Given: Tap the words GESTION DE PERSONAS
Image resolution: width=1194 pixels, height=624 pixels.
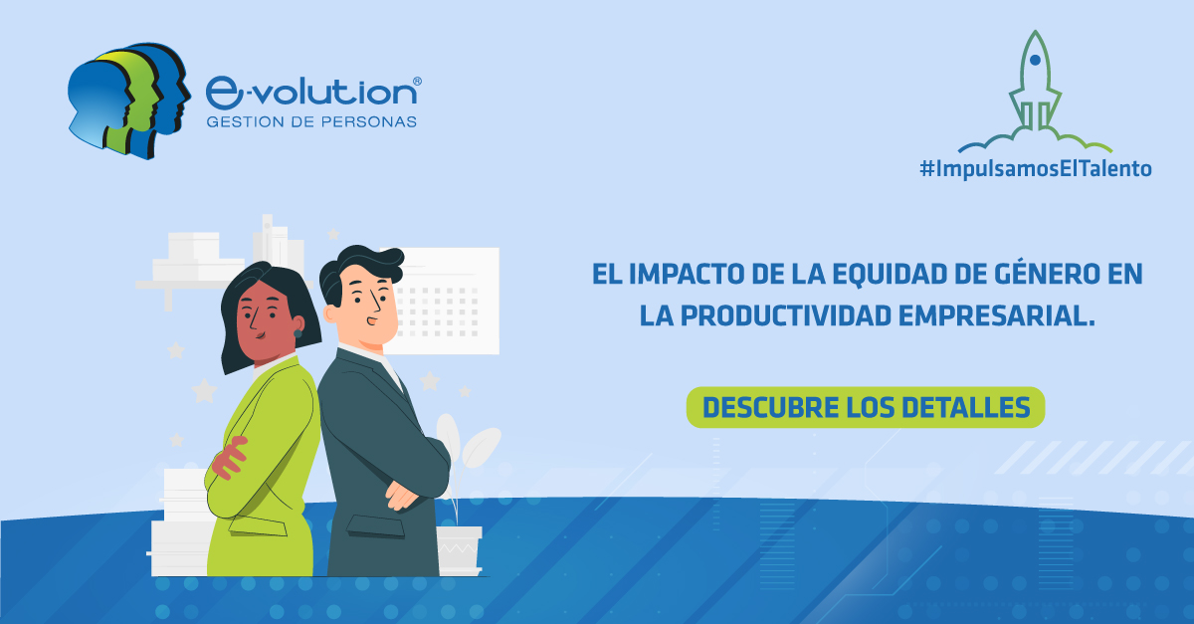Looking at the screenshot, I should (310, 122).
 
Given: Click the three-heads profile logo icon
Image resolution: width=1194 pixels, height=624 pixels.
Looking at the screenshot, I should (127, 100).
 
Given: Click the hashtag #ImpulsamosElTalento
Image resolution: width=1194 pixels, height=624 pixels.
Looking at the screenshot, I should (1035, 170).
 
